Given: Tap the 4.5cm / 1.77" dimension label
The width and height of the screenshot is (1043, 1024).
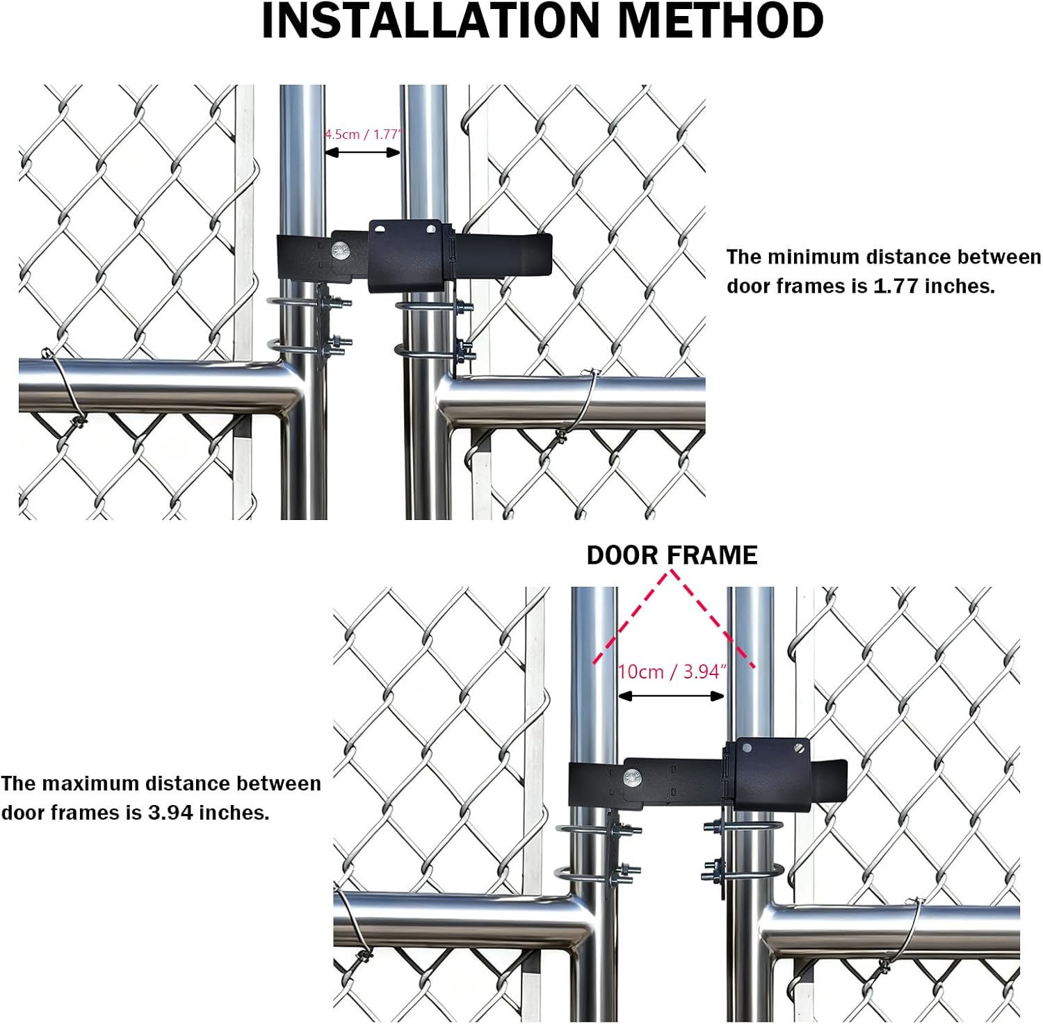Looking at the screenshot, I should tap(363, 134).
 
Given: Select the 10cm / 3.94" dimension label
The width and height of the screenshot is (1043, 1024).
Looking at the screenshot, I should tap(672, 672).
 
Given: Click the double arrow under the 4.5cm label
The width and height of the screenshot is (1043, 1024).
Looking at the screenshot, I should tap(362, 153).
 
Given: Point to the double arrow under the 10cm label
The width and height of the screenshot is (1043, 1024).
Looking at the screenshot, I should tap(671, 696).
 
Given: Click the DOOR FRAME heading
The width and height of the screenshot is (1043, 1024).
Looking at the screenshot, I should tap(672, 555).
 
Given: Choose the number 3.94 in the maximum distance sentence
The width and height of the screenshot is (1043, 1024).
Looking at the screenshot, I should tap(170, 813).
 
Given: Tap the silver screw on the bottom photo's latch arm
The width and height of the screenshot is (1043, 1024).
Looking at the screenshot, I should tap(633, 777).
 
